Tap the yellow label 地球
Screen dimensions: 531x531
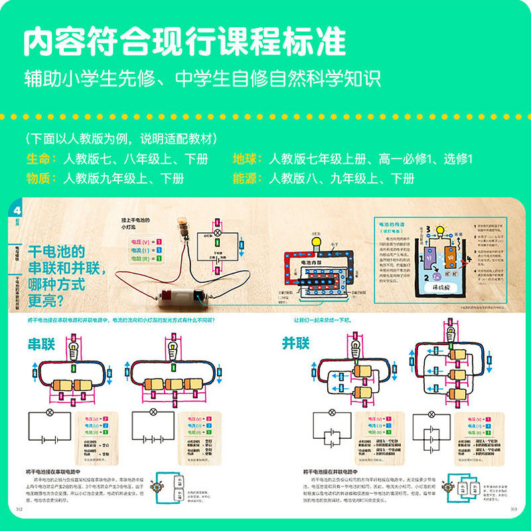pyautogui.click(x=247, y=159)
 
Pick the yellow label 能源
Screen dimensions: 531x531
pyautogui.click(x=247, y=179)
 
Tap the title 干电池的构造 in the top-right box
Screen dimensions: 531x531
pyautogui.click(x=392, y=226)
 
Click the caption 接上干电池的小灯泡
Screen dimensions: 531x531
pyautogui.click(x=136, y=224)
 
